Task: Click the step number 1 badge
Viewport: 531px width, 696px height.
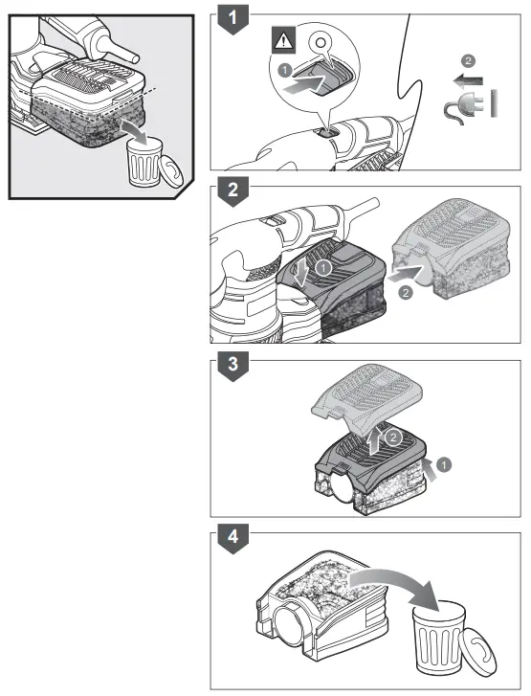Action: click(x=228, y=16)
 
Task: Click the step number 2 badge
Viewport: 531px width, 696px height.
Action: click(x=228, y=189)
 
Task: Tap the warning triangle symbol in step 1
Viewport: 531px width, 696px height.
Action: click(x=285, y=41)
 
